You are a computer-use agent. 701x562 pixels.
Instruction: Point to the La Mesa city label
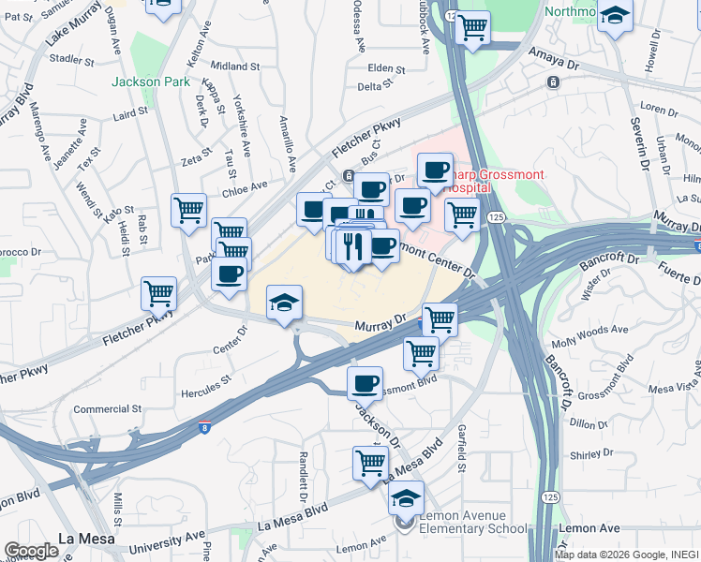pos(86,539)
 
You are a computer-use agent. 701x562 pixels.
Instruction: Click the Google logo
pos(31,550)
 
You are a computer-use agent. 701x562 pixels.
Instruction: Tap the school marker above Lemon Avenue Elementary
pos(406,497)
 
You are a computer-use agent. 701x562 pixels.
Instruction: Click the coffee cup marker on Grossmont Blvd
pos(365,382)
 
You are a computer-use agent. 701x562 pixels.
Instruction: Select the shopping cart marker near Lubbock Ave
pos(472,26)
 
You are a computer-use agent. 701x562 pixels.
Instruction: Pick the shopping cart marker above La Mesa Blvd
pos(370,461)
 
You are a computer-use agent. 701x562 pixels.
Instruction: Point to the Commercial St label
pos(107,409)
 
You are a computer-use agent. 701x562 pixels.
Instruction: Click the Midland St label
pos(234,67)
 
